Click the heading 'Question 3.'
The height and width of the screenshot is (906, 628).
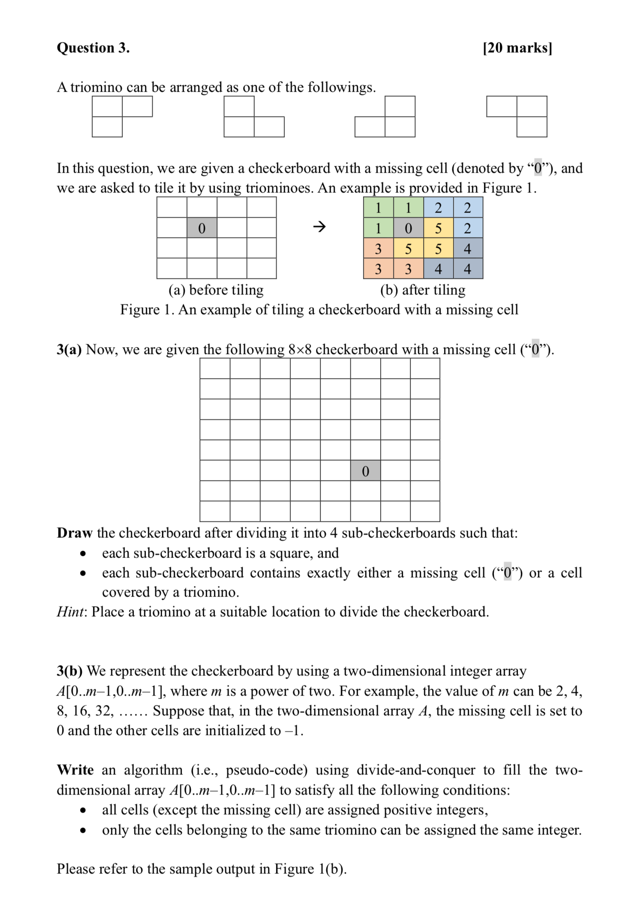93,48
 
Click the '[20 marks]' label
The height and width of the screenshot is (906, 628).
517,48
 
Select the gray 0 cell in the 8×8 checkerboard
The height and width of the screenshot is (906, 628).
365,471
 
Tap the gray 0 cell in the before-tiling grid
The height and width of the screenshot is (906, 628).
201,228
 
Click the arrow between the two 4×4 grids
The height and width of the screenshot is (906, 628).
319,226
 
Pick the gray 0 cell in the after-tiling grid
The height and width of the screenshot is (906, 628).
408,228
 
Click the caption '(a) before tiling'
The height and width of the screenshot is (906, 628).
216,290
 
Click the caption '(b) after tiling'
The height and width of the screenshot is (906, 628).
423,290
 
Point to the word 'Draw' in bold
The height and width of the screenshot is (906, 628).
75,533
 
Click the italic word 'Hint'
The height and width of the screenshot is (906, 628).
70,612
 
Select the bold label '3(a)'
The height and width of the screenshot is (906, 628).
69,350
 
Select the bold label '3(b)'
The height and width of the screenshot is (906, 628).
69,671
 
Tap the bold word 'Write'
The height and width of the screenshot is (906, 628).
75,770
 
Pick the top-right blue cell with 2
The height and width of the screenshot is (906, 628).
468,208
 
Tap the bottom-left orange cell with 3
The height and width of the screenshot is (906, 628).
378,269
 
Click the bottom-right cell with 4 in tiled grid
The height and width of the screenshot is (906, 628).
468,269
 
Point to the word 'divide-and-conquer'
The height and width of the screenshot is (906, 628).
416,770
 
